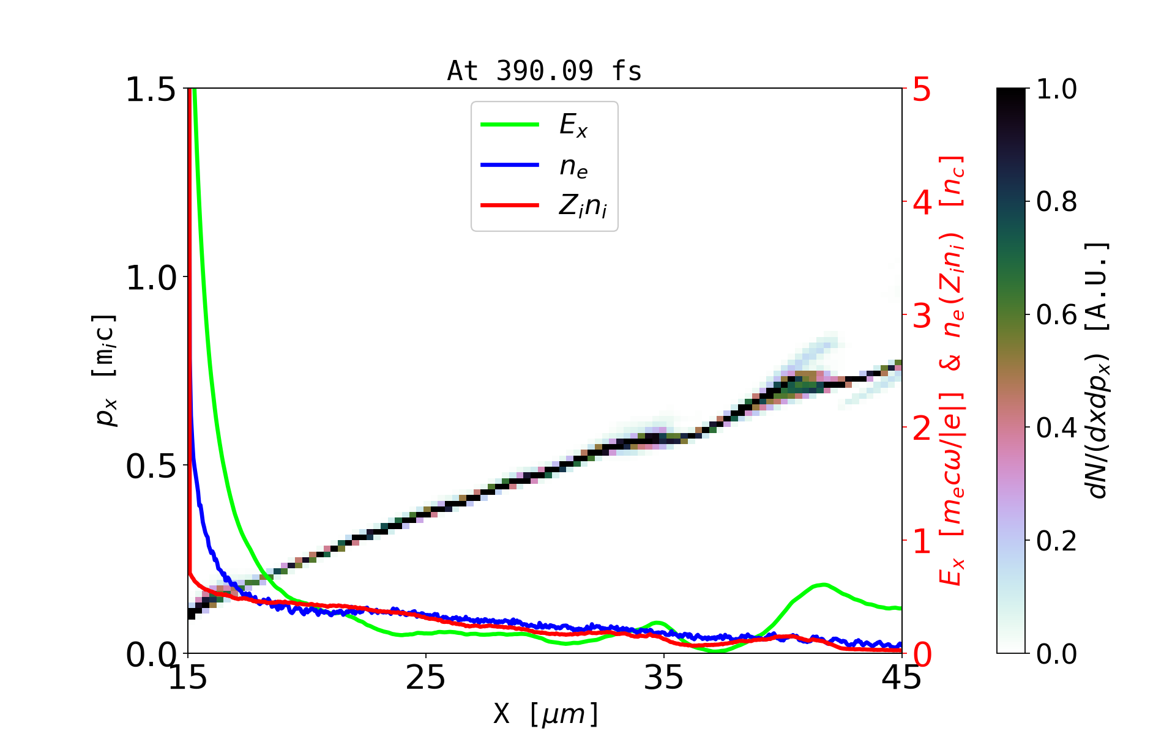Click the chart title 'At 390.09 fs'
pyautogui.click(x=544, y=71)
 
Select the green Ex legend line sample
pyautogui.click(x=510, y=125)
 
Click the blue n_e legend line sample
pyautogui.click(x=510, y=165)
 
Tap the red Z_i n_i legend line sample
pyautogui.click(x=510, y=206)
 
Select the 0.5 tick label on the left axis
pyautogui.click(x=151, y=467)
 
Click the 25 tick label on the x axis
pyautogui.click(x=425, y=678)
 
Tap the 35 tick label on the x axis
pyautogui.click(x=663, y=678)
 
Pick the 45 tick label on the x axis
pyautogui.click(x=901, y=678)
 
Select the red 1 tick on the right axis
pyautogui.click(x=922, y=541)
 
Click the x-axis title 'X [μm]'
pyautogui.click(x=546, y=713)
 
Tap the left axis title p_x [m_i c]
pyautogui.click(x=105, y=371)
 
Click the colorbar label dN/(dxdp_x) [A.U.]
pyautogui.click(x=1098, y=371)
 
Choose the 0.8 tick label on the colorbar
pyautogui.click(x=1056, y=202)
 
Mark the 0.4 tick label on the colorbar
pyautogui.click(x=1056, y=428)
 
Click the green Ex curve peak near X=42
pyautogui.click(x=824, y=585)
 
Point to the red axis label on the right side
pyautogui.click(x=952, y=371)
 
